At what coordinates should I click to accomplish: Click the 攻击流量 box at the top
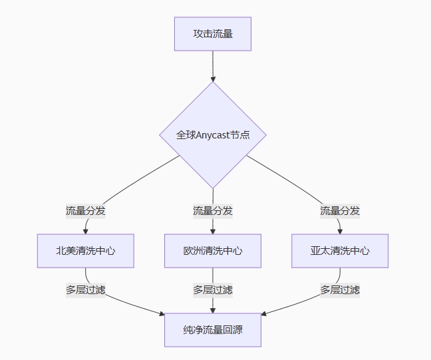pyautogui.click(x=213, y=34)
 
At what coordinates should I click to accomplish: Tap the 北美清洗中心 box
pyautogui.click(x=85, y=251)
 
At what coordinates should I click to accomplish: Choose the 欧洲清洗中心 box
pyautogui.click(x=213, y=251)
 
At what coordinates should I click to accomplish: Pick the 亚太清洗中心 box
pyautogui.click(x=340, y=251)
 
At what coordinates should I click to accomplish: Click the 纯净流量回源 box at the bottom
pyautogui.click(x=213, y=329)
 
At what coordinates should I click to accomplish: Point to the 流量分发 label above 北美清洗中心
pyautogui.click(x=85, y=211)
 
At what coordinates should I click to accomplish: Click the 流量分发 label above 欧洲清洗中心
pyautogui.click(x=213, y=211)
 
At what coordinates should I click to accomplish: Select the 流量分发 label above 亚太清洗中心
pyautogui.click(x=340, y=211)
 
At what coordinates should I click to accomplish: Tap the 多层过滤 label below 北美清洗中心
pyautogui.click(x=85, y=290)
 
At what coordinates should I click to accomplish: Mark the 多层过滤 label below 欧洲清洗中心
pyautogui.click(x=213, y=290)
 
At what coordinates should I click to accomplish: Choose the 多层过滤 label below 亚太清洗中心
pyautogui.click(x=340, y=290)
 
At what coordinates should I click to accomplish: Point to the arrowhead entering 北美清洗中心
pyautogui.click(x=85, y=230)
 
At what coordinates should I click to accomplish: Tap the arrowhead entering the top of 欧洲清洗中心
pyautogui.click(x=213, y=230)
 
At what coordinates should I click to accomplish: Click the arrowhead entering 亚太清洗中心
pyautogui.click(x=340, y=230)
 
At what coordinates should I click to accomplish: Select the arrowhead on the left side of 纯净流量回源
pyautogui.click(x=162, y=313)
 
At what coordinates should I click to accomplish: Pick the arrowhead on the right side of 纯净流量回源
pyautogui.click(x=264, y=313)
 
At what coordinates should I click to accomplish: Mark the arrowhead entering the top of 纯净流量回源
pyautogui.click(x=213, y=309)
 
